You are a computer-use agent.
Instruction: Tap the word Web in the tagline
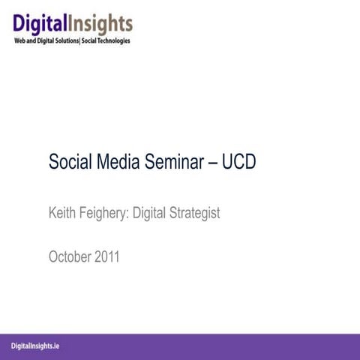[19, 40]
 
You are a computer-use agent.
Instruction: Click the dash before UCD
[211, 162]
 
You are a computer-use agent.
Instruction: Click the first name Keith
[63, 213]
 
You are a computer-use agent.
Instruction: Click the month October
[70, 257]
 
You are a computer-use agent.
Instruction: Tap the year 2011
[106, 257]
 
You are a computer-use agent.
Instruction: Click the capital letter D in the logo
[20, 24]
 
